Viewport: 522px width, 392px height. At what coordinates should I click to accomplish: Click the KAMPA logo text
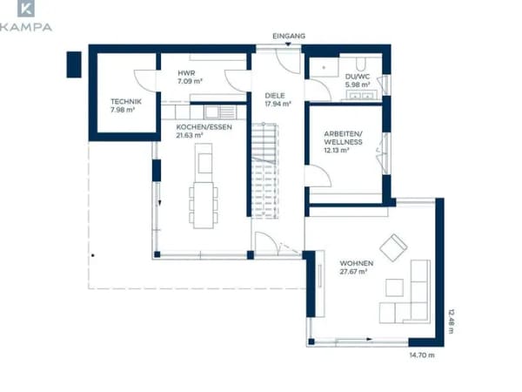pyautogui.click(x=26, y=27)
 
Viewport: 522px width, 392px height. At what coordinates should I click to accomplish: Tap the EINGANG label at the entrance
pyautogui.click(x=289, y=36)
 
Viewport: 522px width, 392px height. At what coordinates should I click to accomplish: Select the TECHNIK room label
pyautogui.click(x=126, y=101)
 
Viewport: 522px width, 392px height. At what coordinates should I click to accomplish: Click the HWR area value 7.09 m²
pyautogui.click(x=190, y=81)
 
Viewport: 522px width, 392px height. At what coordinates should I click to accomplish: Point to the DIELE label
pyautogui.click(x=275, y=96)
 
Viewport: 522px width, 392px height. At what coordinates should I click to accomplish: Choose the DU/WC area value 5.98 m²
pyautogui.click(x=358, y=84)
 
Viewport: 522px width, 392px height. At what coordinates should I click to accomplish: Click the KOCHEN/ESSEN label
pyautogui.click(x=204, y=127)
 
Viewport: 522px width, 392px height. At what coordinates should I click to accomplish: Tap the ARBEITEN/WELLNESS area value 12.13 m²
pyautogui.click(x=337, y=150)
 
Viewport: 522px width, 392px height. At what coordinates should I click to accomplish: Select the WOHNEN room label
pyautogui.click(x=357, y=263)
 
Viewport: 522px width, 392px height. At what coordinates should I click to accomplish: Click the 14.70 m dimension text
pyautogui.click(x=422, y=355)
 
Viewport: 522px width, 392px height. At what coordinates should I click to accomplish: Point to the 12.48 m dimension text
pyautogui.click(x=451, y=321)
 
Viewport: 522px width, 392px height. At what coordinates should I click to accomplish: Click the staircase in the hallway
pyautogui.click(x=264, y=171)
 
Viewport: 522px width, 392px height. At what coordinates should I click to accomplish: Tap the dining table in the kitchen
pyautogui.click(x=204, y=206)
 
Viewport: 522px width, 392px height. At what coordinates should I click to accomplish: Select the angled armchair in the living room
pyautogui.click(x=393, y=247)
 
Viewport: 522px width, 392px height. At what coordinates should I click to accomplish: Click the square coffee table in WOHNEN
pyautogui.click(x=394, y=287)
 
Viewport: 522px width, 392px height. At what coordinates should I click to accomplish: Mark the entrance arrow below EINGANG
pyautogui.click(x=288, y=44)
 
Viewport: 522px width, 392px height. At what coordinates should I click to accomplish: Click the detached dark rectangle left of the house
pyautogui.click(x=74, y=64)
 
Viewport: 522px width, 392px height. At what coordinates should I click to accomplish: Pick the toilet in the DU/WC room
pyautogui.click(x=360, y=64)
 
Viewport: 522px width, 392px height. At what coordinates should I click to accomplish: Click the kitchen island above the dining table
pyautogui.click(x=204, y=159)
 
